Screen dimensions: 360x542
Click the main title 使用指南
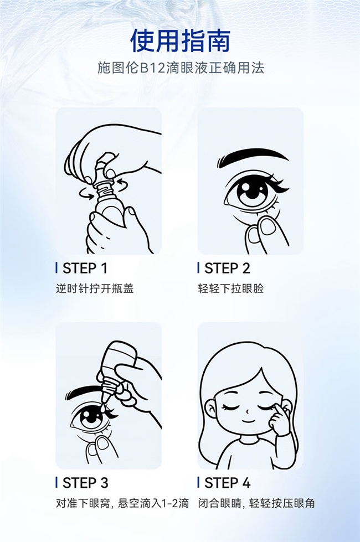[x=180, y=41]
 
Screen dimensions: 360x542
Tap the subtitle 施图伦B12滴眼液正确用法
[x=180, y=68]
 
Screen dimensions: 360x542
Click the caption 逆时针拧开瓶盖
[x=95, y=288]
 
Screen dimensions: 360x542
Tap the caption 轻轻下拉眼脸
[x=230, y=288]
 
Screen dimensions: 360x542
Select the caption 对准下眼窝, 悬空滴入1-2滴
[x=122, y=503]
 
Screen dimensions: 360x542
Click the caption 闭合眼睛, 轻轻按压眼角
[x=256, y=503]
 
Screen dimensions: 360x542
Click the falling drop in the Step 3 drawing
[x=104, y=408]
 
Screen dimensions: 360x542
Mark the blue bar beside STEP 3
[x=56, y=483]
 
